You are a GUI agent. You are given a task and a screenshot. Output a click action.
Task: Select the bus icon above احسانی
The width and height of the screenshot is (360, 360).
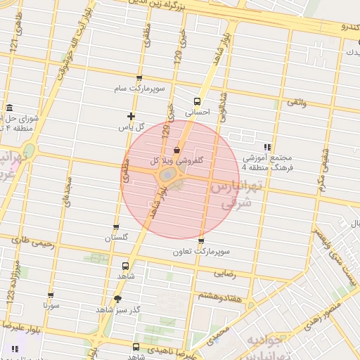tap(196, 101)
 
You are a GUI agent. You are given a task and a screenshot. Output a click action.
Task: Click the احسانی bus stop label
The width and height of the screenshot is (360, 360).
tap(197, 112)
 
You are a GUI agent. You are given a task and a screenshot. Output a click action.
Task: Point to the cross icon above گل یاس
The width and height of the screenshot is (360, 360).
tap(131, 116)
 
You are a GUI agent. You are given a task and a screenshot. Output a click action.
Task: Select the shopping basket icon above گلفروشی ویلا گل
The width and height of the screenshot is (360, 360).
tap(176, 150)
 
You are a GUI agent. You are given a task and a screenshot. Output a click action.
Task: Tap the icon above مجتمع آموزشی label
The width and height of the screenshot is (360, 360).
tap(267, 148)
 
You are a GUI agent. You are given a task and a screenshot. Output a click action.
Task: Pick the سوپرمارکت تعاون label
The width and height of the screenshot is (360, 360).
tap(202, 251)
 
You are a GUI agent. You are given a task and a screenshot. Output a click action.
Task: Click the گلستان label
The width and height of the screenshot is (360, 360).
tap(116, 238)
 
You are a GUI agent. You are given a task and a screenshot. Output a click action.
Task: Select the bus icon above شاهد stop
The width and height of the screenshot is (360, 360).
tap(125, 266)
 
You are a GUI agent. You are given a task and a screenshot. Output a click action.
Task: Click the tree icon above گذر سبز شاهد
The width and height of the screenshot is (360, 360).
tap(117, 299)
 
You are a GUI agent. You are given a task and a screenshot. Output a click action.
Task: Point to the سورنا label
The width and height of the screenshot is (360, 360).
tap(51, 306)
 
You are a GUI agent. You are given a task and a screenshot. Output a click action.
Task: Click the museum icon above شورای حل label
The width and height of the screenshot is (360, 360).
tap(9, 108)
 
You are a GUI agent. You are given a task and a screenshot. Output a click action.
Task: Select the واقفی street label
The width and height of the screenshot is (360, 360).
tap(296, 103)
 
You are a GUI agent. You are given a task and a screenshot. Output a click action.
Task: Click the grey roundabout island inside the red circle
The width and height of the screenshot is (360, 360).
tap(169, 174)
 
